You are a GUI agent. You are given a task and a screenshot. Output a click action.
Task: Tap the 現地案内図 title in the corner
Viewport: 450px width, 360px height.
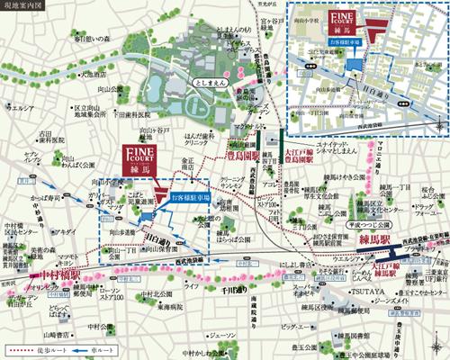pyautogui.click(x=22, y=7)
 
